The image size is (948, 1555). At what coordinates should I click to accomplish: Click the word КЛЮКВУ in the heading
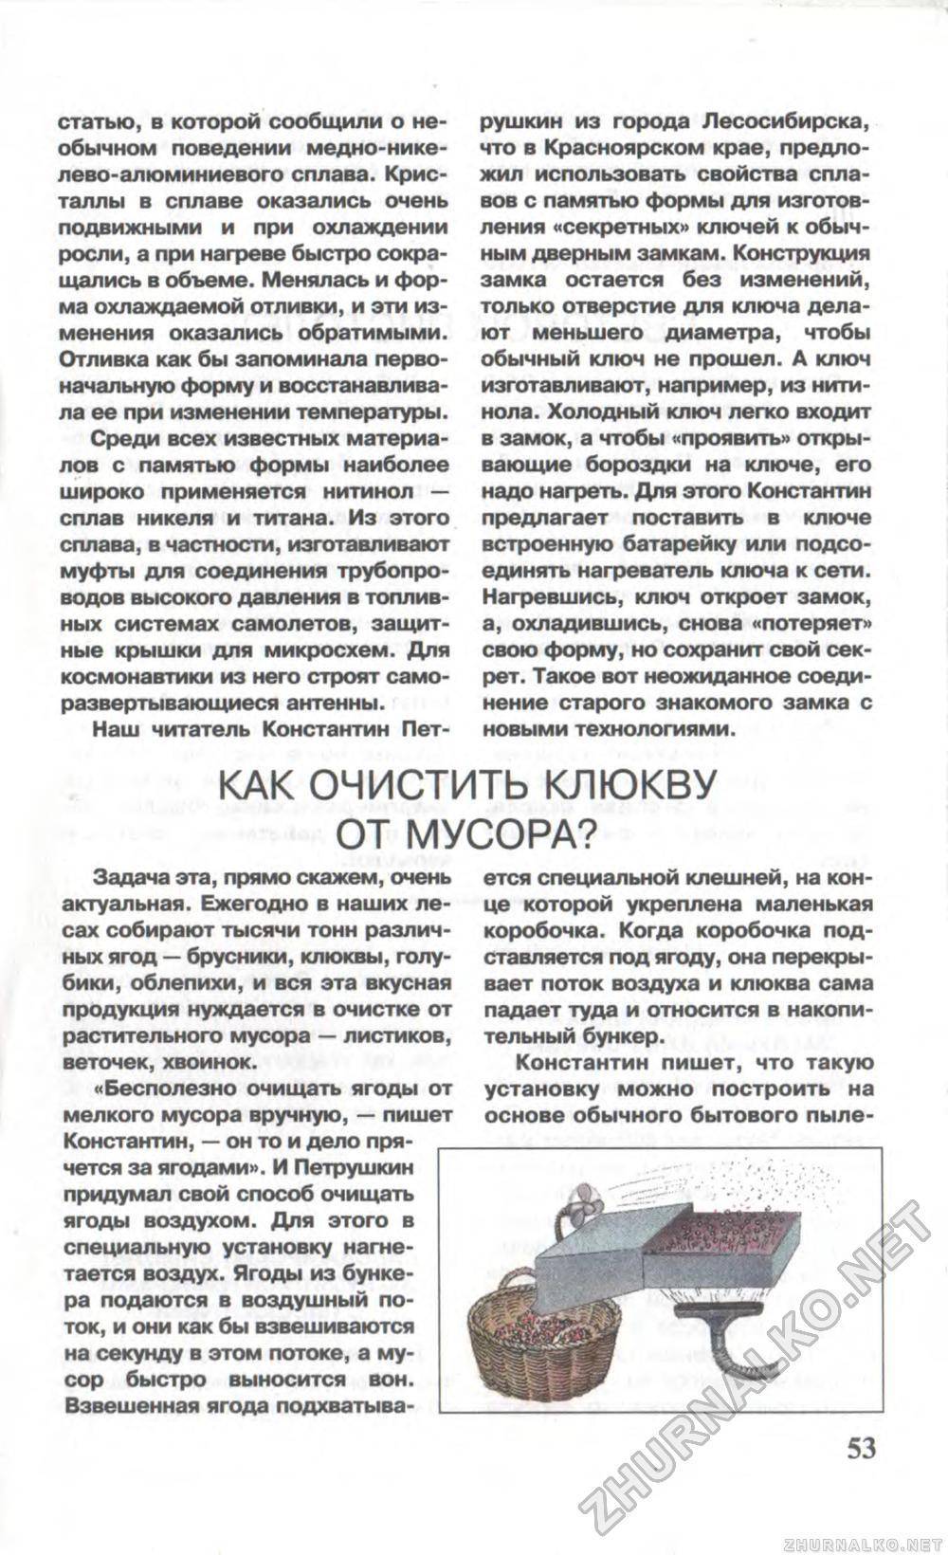(x=629, y=790)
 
